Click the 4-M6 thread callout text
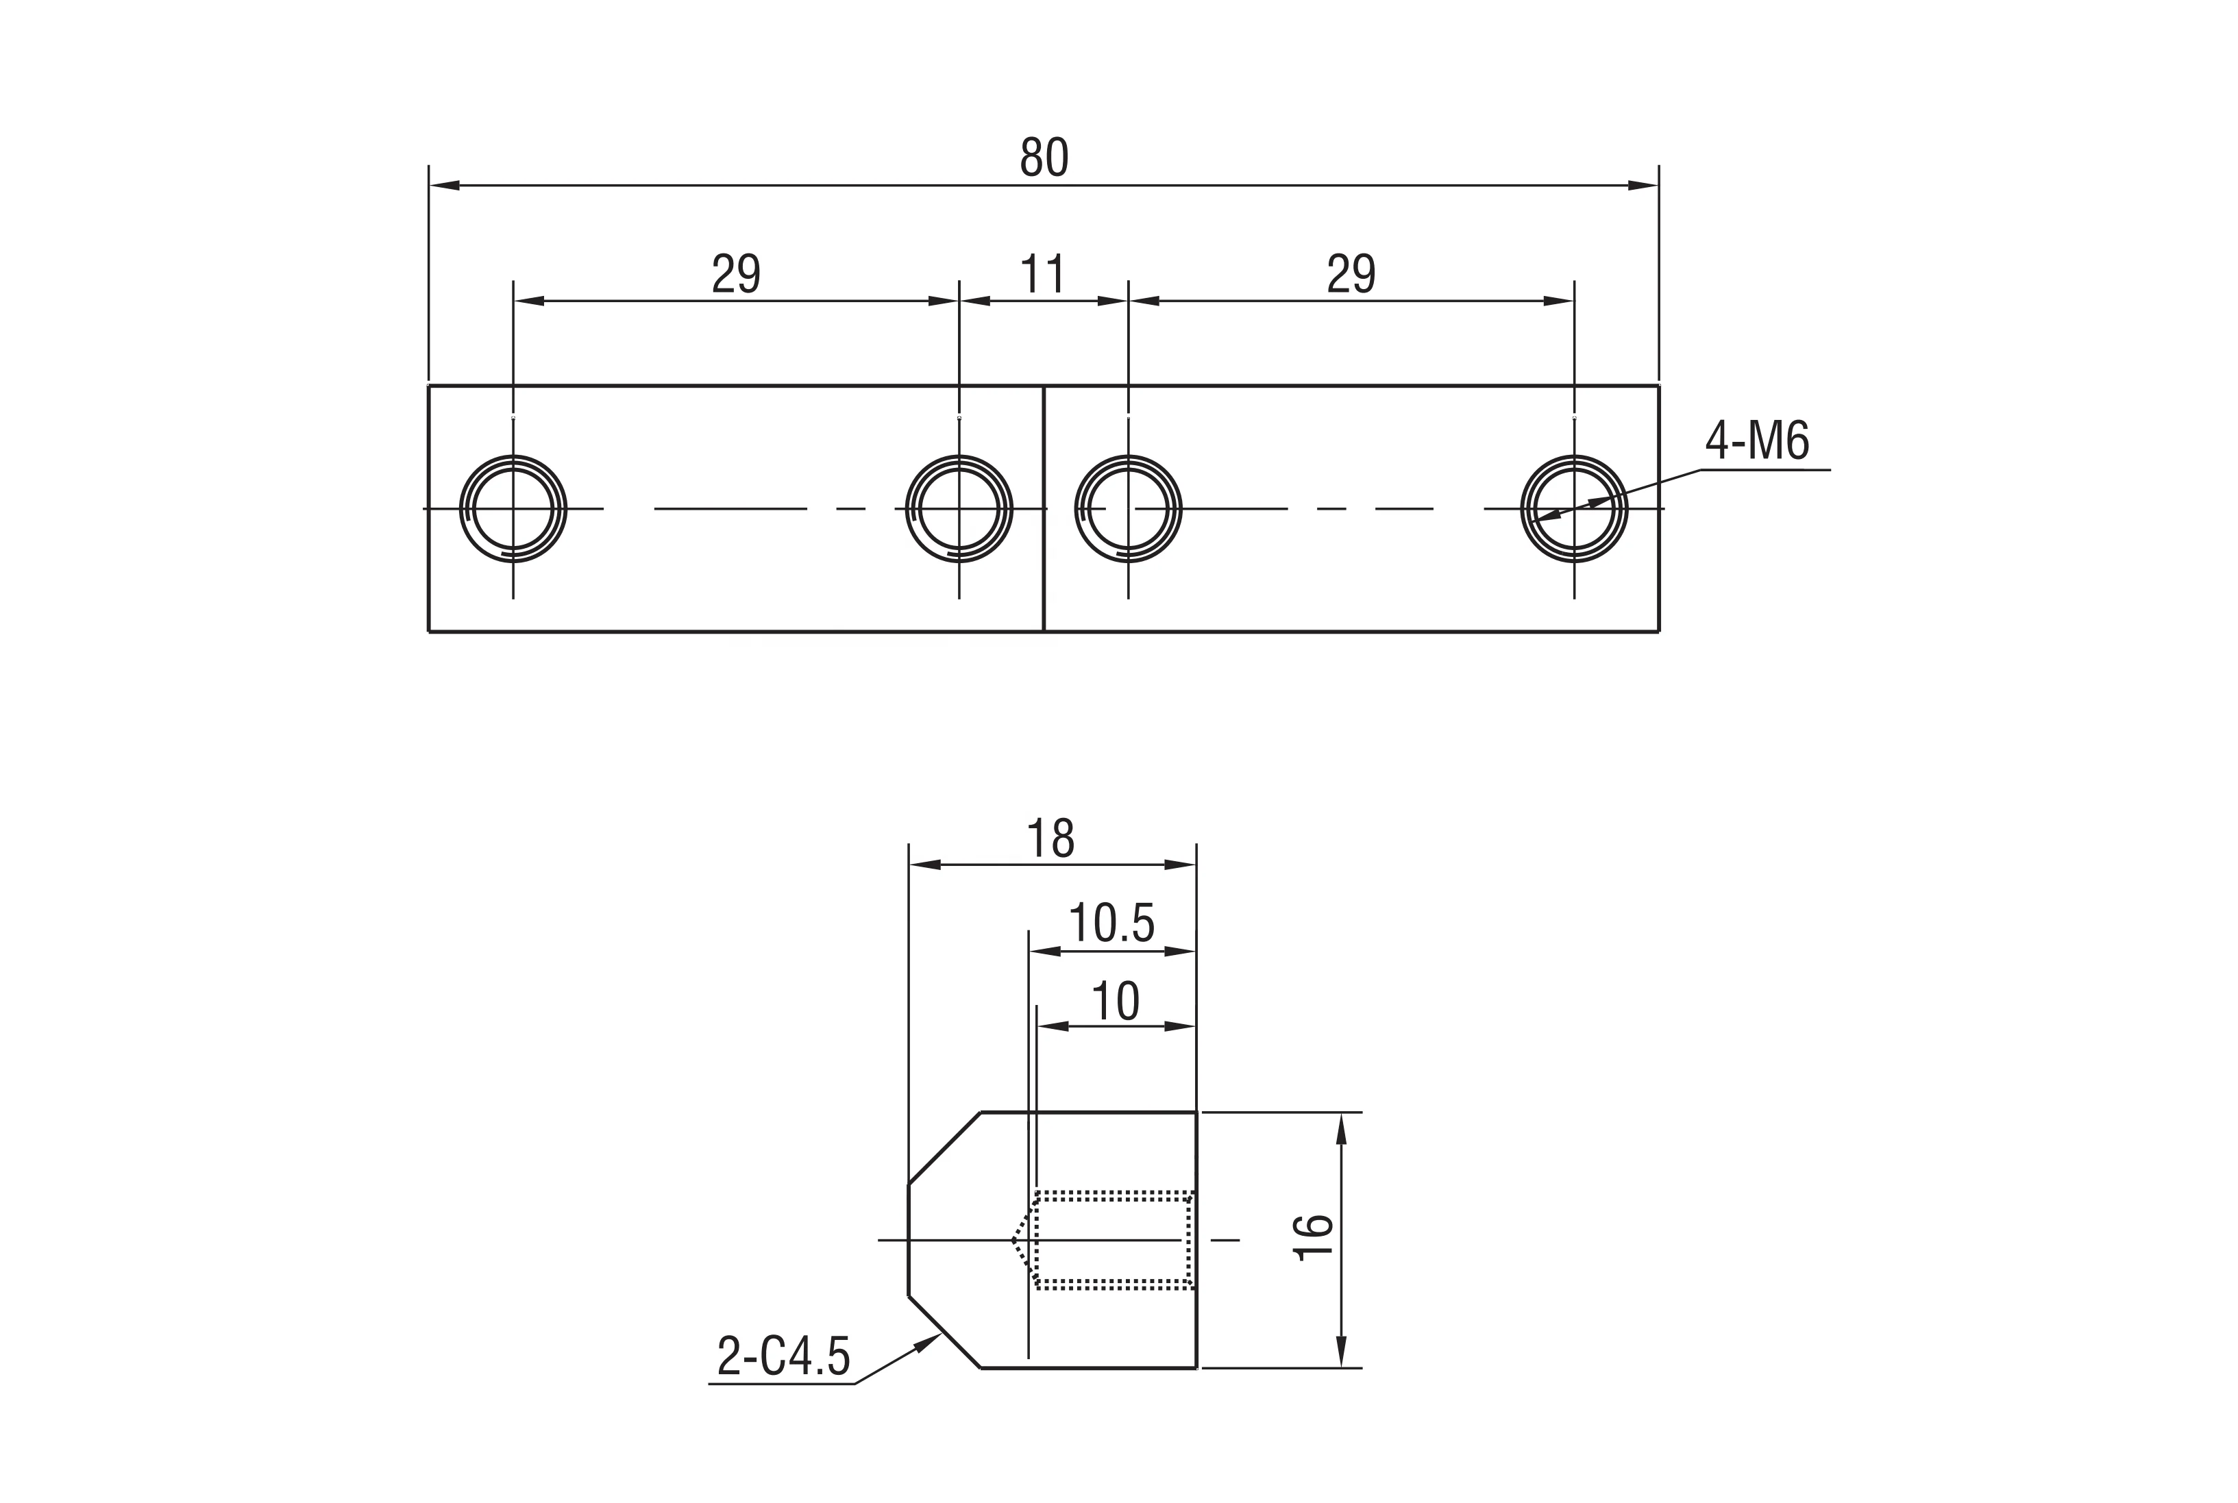[1757, 442]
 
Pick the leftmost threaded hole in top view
[513, 509]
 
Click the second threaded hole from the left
[959, 509]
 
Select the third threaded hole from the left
[1128, 509]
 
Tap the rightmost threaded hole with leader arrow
[1573, 509]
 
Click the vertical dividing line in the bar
[1043, 575]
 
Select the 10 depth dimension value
[1115, 1002]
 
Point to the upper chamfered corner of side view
[944, 1148]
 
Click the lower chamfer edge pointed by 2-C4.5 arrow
[944, 1332]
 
